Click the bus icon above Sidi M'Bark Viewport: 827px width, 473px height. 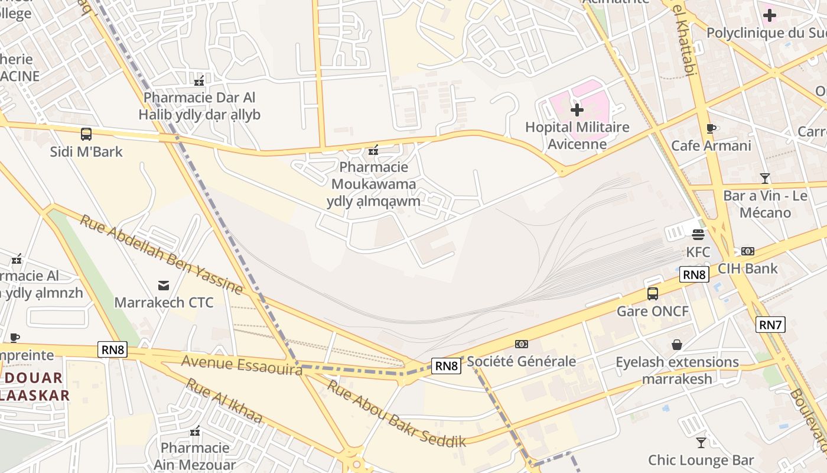(86, 134)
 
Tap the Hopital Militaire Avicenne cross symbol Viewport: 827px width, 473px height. (577, 110)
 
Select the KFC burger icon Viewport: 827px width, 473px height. (698, 235)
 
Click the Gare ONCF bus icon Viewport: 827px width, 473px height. (653, 294)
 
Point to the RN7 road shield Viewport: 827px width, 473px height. (770, 324)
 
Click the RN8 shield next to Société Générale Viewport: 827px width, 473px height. (447, 366)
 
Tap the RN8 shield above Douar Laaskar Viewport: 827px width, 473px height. (112, 349)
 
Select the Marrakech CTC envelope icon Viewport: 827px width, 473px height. (164, 286)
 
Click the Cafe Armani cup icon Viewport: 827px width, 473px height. (711, 129)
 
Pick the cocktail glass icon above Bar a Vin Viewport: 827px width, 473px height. (765, 178)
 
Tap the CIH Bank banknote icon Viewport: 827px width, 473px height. (748, 251)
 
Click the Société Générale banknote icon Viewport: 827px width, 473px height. (521, 344)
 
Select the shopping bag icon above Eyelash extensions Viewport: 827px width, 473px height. (677, 345)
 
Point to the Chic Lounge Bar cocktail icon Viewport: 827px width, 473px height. (701, 442)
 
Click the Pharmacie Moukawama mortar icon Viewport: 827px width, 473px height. (373, 150)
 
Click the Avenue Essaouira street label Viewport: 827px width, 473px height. (242, 365)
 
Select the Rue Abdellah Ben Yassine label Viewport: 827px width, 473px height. (161, 255)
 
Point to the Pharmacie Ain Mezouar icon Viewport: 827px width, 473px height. (195, 431)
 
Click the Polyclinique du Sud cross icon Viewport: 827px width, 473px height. (769, 15)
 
